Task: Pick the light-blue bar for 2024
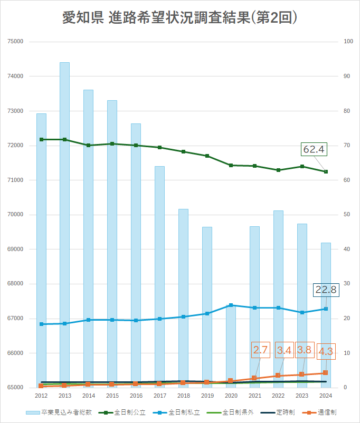click(x=326, y=316)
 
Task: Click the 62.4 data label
click(x=314, y=150)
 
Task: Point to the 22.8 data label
click(x=326, y=289)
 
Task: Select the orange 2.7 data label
click(x=261, y=350)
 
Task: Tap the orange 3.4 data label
click(x=284, y=350)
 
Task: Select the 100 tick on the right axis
click(x=348, y=42)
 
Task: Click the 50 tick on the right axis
click(x=347, y=215)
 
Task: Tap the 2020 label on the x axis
click(x=231, y=396)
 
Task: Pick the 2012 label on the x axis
click(x=41, y=396)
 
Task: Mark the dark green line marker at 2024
click(x=326, y=171)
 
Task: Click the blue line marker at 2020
click(x=231, y=305)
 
